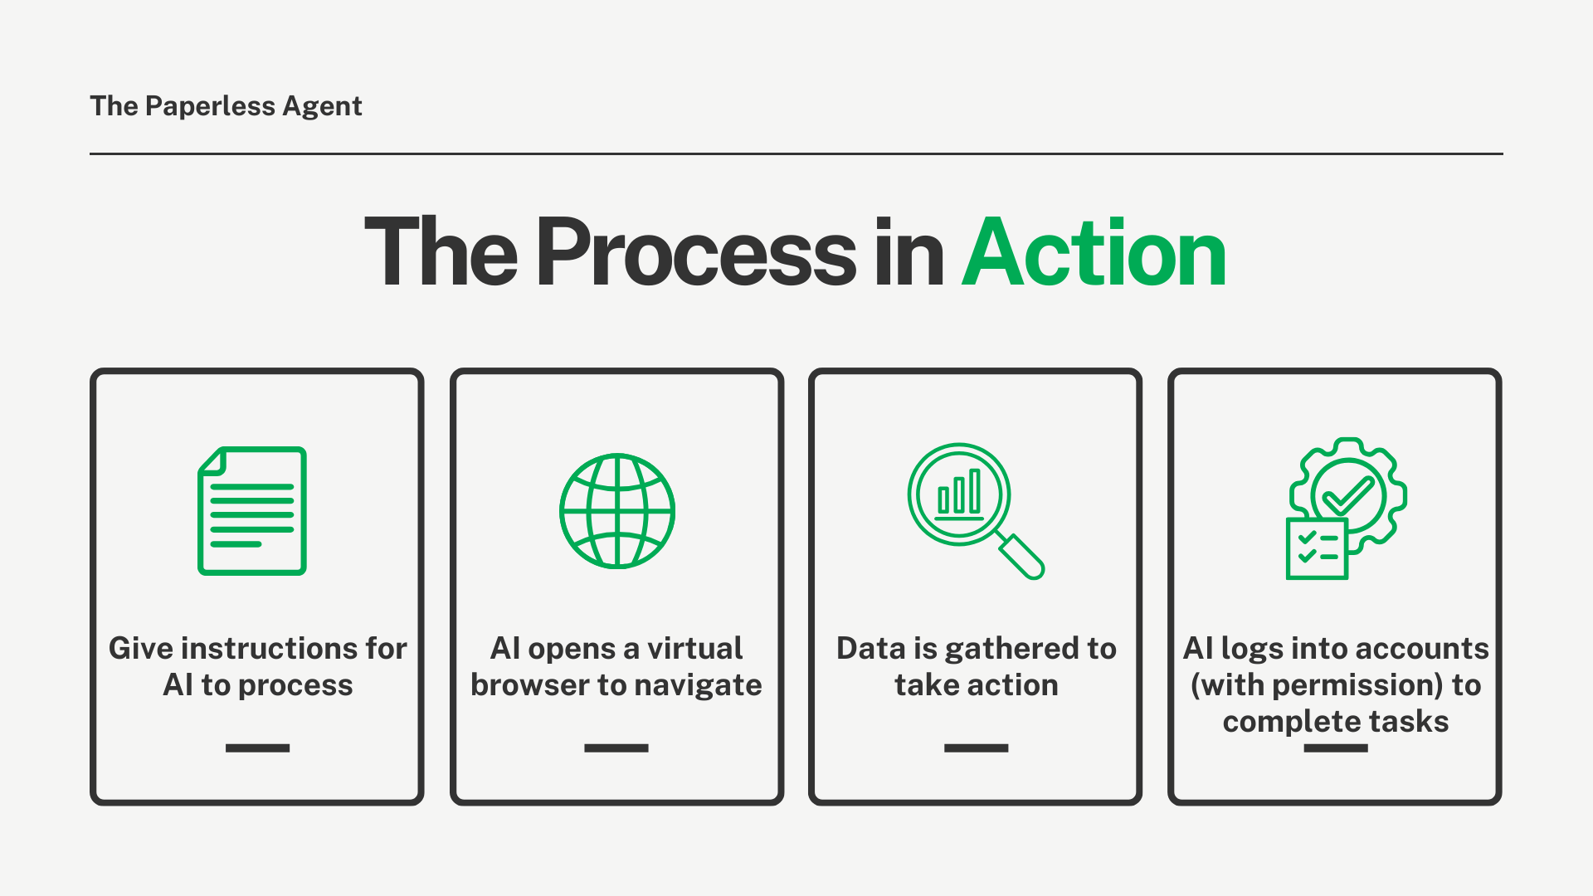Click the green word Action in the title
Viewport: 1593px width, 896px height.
1094,252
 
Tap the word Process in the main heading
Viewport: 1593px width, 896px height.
695,252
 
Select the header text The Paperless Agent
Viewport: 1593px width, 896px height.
226,106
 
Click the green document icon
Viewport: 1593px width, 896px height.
252,511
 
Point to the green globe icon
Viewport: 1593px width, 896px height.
617,511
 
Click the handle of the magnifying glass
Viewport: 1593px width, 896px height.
1021,556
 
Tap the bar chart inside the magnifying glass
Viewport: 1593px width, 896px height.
959,494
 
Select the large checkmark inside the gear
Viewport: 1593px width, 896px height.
1348,494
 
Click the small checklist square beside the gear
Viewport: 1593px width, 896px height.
1317,549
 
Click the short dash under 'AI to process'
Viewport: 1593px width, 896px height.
257,748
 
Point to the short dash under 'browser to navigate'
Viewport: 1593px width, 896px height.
616,748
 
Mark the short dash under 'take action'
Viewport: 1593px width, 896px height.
976,748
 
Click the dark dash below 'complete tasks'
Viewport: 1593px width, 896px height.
1336,748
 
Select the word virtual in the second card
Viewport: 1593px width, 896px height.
694,648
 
